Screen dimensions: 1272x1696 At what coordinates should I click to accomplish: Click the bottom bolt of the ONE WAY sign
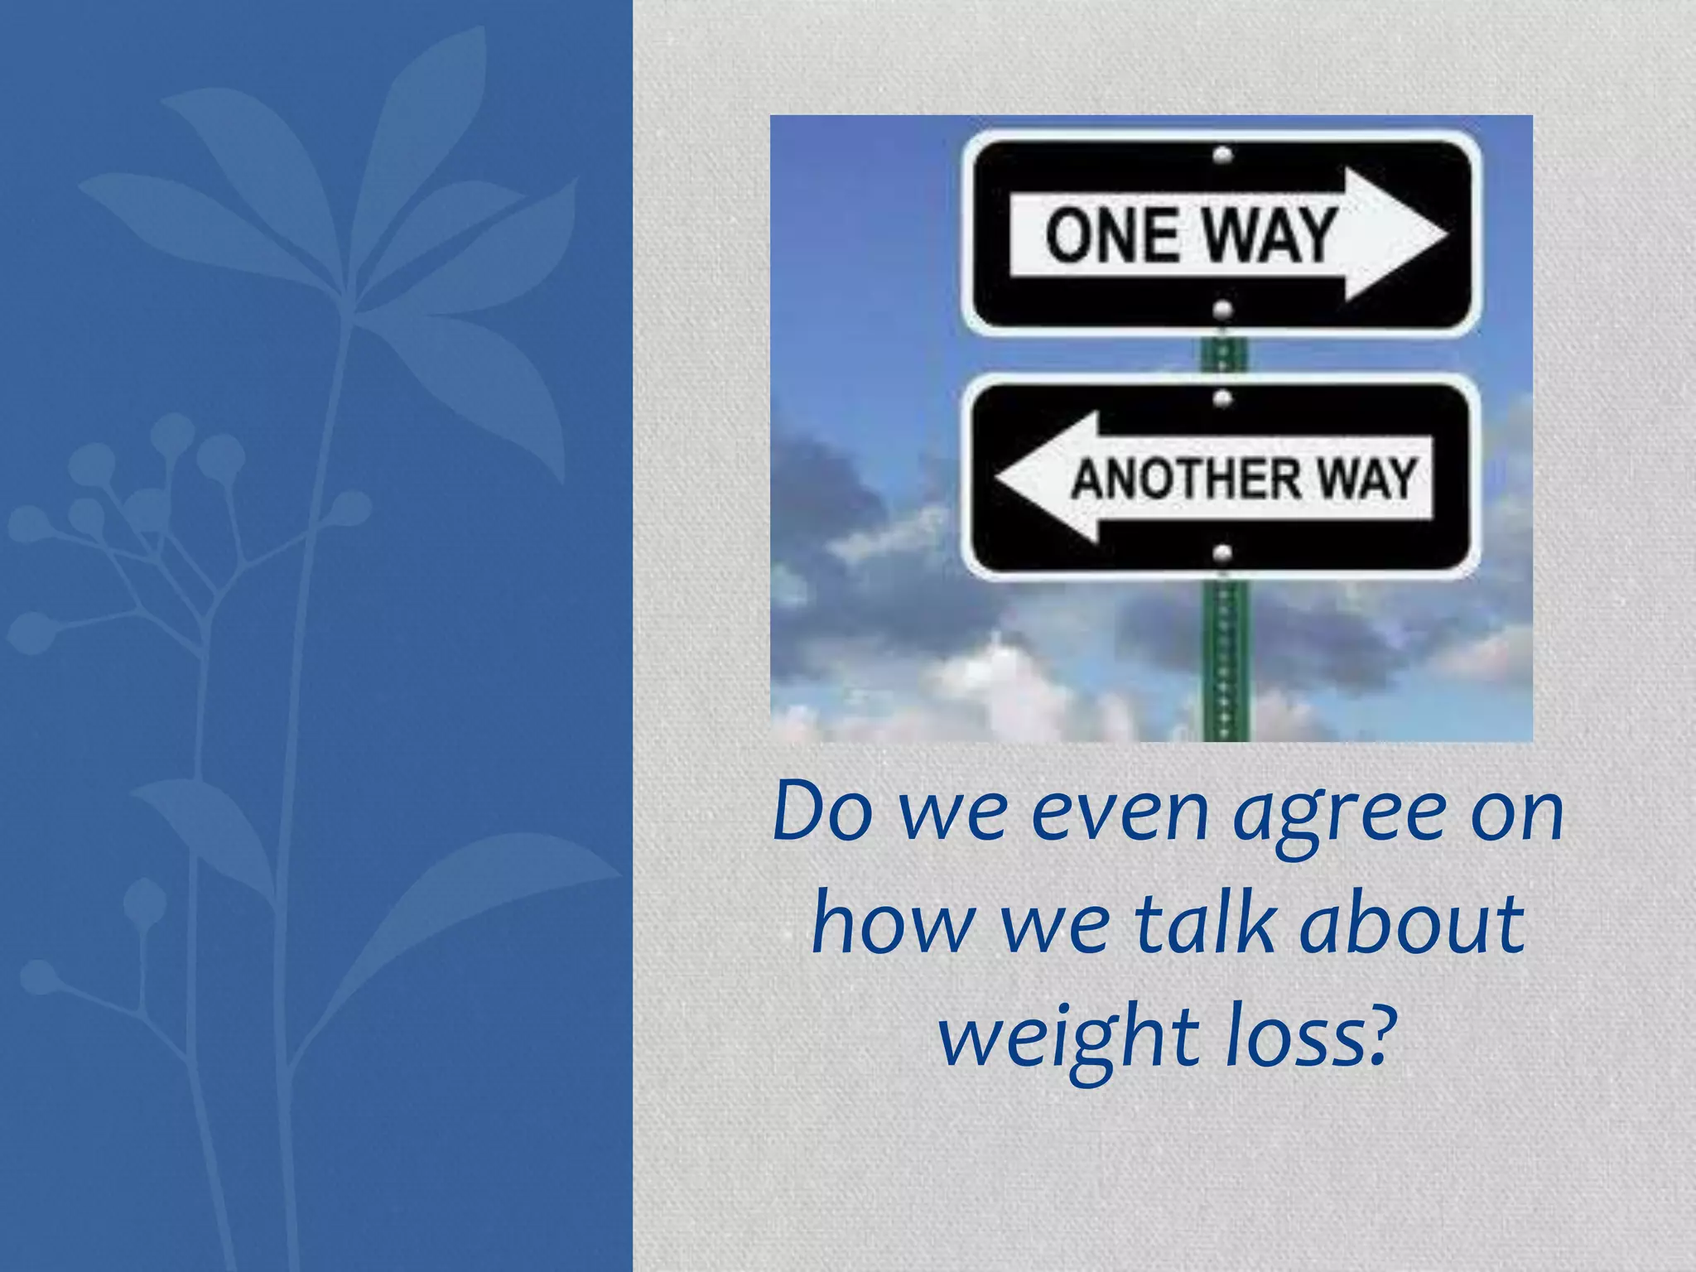coord(1223,311)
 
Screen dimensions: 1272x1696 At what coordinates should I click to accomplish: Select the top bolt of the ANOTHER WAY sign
coord(1223,399)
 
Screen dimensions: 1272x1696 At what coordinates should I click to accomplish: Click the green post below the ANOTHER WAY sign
coord(1225,662)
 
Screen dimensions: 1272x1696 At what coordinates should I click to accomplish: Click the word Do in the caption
coord(822,812)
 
